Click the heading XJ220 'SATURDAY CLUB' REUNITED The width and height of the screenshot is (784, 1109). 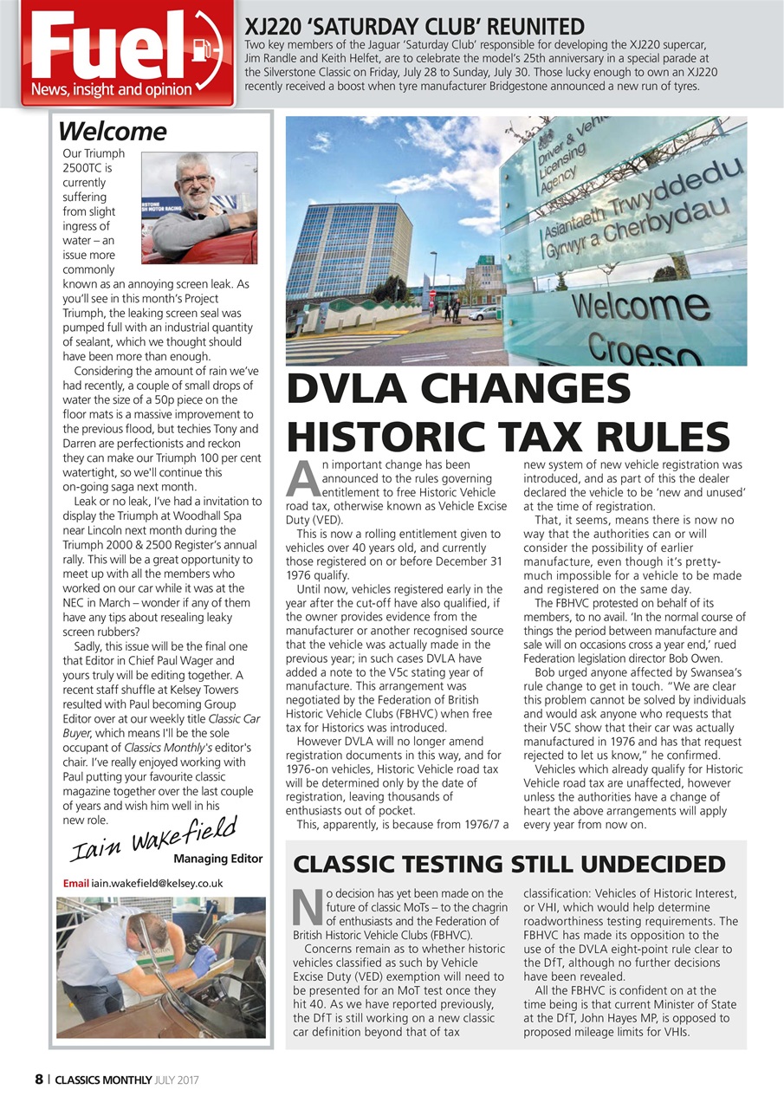pos(415,26)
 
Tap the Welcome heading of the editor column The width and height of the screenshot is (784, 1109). pos(112,132)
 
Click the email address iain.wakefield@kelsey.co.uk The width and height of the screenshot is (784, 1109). pos(157,883)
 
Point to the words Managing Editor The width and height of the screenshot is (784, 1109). pos(217,859)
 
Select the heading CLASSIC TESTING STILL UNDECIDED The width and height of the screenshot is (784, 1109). pos(509,864)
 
